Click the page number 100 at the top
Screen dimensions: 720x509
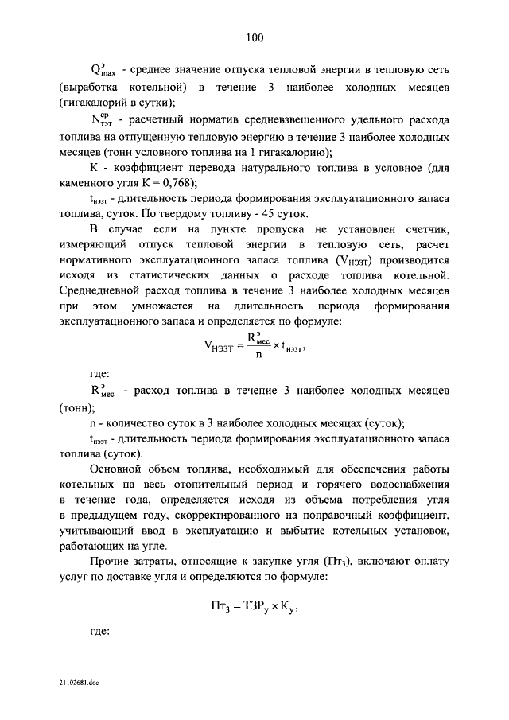(x=254, y=37)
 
